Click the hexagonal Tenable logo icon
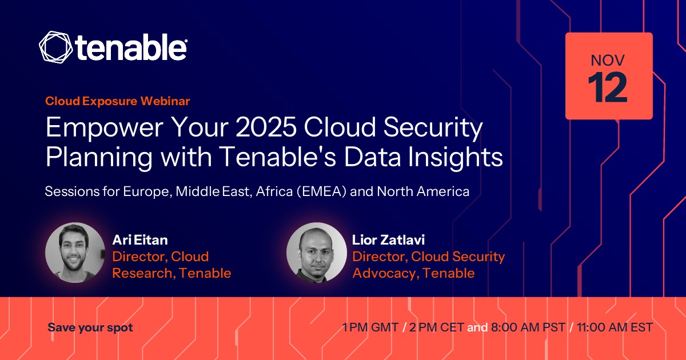click(x=56, y=47)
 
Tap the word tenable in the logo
click(x=131, y=47)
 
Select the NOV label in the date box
click(x=608, y=61)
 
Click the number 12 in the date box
click(x=608, y=88)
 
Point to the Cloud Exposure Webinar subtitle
click(x=118, y=101)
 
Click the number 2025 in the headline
click(x=266, y=127)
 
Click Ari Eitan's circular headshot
click(x=75, y=253)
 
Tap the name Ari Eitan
click(x=140, y=239)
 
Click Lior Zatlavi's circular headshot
click(x=317, y=253)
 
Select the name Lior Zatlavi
click(x=388, y=239)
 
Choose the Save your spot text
click(x=90, y=327)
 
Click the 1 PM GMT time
click(x=370, y=327)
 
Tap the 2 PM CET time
click(x=437, y=327)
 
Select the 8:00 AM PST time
click(x=528, y=327)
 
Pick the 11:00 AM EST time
click(x=615, y=327)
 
